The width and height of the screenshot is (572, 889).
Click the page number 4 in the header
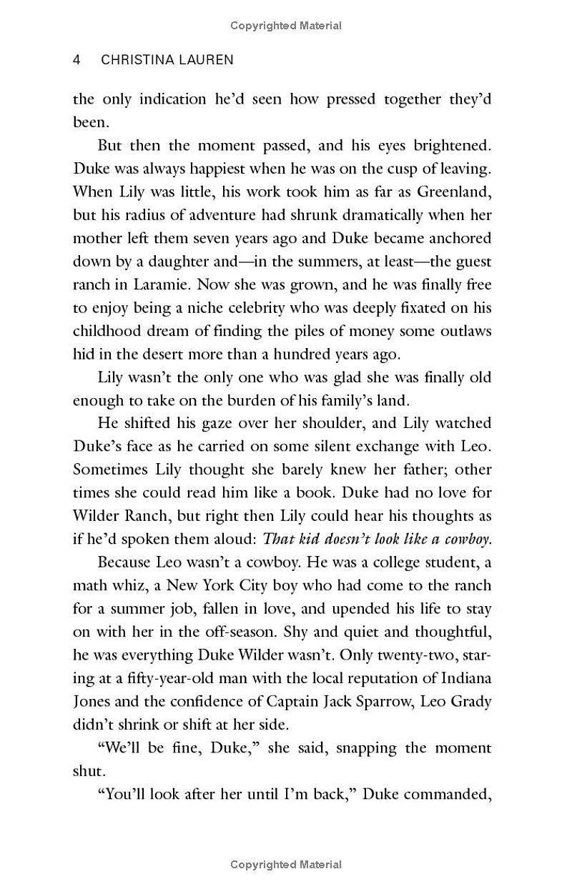pyautogui.click(x=77, y=60)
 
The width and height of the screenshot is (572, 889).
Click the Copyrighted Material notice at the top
pyautogui.click(x=286, y=26)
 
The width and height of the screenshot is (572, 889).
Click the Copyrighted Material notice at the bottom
pyautogui.click(x=286, y=864)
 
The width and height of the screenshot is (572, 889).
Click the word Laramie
pyautogui.click(x=159, y=284)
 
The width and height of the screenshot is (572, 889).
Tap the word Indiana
pyautogui.click(x=466, y=677)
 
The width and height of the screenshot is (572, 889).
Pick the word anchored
pyautogui.click(x=454, y=238)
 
